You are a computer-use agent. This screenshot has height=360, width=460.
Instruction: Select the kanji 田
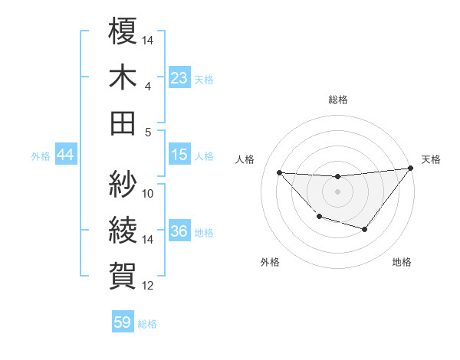click(x=123, y=123)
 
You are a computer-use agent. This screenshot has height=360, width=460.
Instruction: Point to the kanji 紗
click(x=123, y=184)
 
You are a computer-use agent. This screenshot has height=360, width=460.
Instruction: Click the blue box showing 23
click(x=179, y=77)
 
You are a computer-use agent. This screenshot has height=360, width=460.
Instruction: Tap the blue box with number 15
click(x=179, y=155)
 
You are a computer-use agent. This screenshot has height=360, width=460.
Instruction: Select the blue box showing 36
click(x=179, y=231)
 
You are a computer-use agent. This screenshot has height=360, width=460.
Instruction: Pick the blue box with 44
click(x=65, y=155)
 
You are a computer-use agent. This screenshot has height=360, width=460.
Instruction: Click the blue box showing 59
click(x=123, y=322)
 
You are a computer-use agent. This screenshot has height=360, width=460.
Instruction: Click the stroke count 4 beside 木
click(x=147, y=87)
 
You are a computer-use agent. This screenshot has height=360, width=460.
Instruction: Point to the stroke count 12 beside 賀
click(x=149, y=286)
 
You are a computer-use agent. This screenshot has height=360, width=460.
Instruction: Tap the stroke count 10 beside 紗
click(x=149, y=194)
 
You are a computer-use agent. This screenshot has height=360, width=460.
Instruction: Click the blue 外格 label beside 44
click(x=41, y=156)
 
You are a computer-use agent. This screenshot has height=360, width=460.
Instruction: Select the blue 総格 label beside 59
click(x=147, y=323)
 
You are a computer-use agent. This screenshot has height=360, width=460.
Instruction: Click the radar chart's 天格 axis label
click(x=431, y=159)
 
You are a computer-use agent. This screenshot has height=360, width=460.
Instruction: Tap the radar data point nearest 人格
click(x=280, y=172)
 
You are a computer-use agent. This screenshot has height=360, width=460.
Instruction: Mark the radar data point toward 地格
click(x=365, y=229)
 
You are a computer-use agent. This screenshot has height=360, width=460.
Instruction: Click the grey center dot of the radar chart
click(x=337, y=191)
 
